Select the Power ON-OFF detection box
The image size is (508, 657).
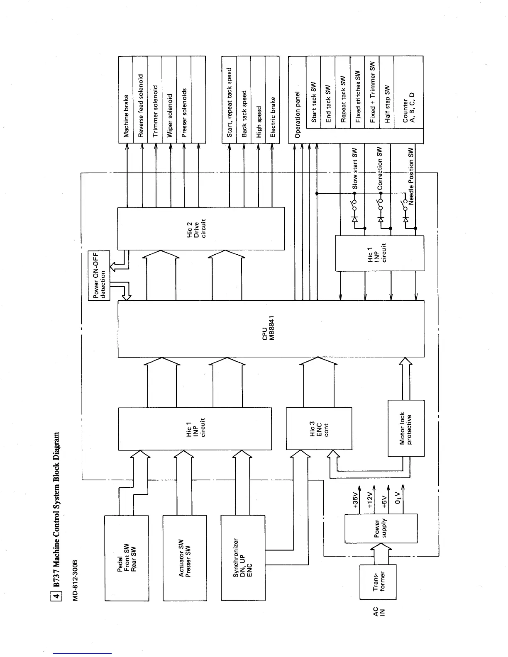(x=99, y=275)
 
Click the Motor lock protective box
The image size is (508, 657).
(x=405, y=428)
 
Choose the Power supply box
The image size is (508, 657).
(x=381, y=528)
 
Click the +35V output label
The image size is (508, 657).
(x=355, y=501)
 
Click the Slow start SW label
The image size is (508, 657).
(x=355, y=169)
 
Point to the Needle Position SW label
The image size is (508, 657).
(x=411, y=176)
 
